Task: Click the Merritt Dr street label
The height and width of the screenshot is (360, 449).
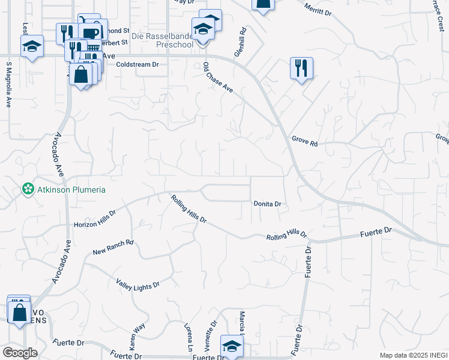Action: coord(318,10)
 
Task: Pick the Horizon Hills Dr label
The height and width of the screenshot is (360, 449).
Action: coord(94,220)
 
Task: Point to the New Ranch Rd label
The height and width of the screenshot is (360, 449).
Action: coord(113,248)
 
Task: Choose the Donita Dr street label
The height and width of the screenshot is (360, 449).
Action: coord(267,204)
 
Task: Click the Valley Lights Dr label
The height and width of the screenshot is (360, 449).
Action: coord(137,281)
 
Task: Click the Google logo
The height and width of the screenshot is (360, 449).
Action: coord(20,353)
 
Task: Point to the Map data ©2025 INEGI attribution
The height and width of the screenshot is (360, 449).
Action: coord(413,355)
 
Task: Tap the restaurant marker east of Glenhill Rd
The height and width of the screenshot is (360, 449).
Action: coord(300,68)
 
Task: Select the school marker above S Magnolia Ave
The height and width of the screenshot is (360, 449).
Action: coord(32,46)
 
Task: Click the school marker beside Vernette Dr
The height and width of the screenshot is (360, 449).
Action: coord(231,346)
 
